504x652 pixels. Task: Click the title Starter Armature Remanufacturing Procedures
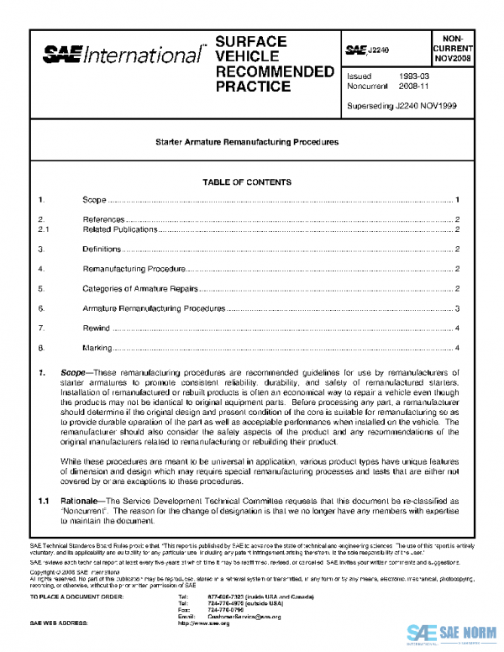(247, 143)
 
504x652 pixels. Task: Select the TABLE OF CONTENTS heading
(247, 182)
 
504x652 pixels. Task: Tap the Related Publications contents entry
(120, 229)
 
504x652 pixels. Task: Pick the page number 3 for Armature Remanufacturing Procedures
(456, 309)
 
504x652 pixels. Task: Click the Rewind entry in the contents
(96, 329)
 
